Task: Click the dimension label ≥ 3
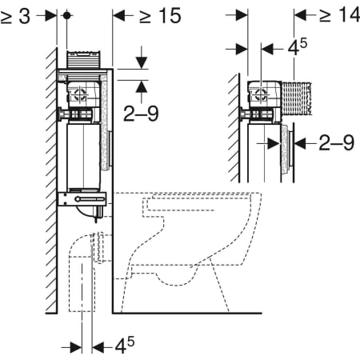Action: [x=15, y=17]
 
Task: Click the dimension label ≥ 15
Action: [x=160, y=16]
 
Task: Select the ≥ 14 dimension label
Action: [x=339, y=14]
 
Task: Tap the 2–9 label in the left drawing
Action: [x=141, y=114]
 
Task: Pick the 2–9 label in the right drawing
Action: [x=337, y=142]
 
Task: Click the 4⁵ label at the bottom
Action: [x=125, y=346]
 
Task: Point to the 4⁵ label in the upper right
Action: [x=298, y=47]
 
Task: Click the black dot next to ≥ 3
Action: [x=67, y=15]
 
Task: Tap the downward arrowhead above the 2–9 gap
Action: [x=142, y=62]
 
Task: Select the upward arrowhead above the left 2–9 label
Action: [x=142, y=86]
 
